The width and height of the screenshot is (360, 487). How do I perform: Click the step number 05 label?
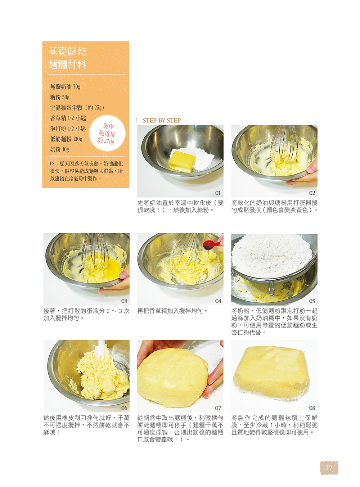(312, 301)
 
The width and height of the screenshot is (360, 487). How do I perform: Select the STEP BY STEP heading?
(161, 120)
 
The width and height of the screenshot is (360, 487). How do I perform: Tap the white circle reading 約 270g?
(107, 133)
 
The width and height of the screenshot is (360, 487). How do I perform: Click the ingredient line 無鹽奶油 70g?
(65, 87)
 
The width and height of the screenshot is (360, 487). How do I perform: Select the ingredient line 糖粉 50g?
(60, 97)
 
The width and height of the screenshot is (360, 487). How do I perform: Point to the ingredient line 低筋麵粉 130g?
(66, 139)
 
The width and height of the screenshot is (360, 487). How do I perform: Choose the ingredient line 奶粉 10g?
(59, 149)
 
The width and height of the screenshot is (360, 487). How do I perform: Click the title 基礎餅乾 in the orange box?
(67, 51)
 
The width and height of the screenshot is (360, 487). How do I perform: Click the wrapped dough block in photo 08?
(272, 372)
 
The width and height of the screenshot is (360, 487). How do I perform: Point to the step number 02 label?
(312, 193)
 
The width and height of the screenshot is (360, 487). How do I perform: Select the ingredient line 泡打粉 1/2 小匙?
(68, 128)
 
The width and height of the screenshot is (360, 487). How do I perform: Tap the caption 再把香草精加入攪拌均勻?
(172, 311)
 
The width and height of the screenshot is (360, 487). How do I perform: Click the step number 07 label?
(218, 408)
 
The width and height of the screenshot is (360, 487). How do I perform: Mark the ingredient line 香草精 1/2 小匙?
(68, 118)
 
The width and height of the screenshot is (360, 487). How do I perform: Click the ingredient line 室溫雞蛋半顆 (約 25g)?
(77, 108)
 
